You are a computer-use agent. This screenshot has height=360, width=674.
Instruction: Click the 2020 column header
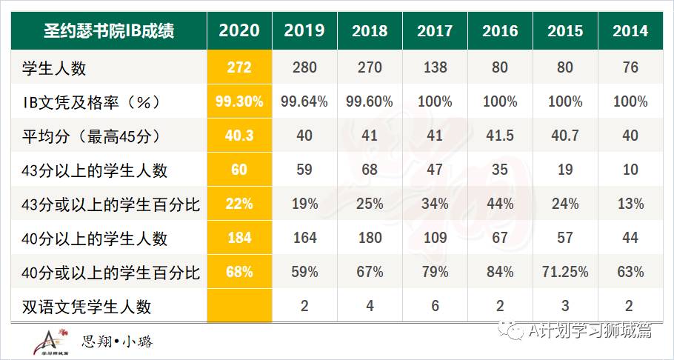point(239,30)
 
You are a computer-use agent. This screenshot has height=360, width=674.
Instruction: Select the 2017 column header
point(435,30)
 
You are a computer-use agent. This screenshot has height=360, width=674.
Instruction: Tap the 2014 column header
point(630,30)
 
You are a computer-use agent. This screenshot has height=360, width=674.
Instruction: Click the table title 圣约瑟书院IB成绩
point(109,30)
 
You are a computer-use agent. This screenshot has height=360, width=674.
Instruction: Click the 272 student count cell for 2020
point(239,68)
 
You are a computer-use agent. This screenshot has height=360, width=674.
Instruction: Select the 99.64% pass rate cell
point(304,102)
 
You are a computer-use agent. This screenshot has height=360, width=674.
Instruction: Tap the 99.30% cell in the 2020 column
point(239,102)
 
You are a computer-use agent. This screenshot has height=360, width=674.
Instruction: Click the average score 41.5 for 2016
point(500,136)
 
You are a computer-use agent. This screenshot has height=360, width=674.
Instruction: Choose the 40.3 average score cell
point(239,136)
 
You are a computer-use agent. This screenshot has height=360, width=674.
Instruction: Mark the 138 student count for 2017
point(435,68)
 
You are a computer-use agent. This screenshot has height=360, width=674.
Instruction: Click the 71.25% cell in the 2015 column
point(565,272)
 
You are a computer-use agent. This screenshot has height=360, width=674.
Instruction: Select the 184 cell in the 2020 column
point(239,238)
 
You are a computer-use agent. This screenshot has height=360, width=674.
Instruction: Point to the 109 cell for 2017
point(435,238)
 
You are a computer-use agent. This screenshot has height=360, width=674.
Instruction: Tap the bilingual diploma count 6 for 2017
point(435,306)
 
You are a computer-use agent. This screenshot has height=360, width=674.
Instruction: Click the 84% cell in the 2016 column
point(500,272)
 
